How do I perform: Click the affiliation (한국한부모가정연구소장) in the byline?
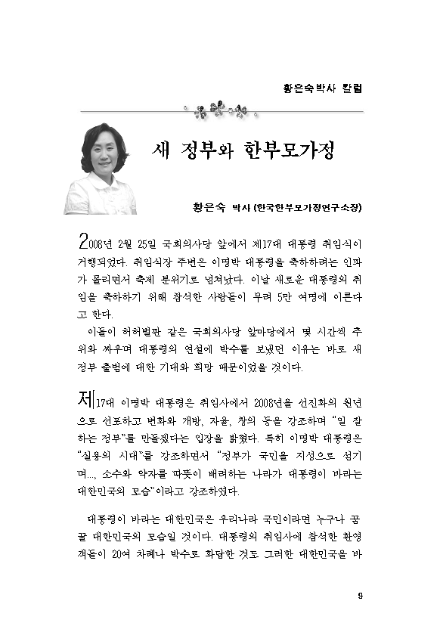tap(307, 207)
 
